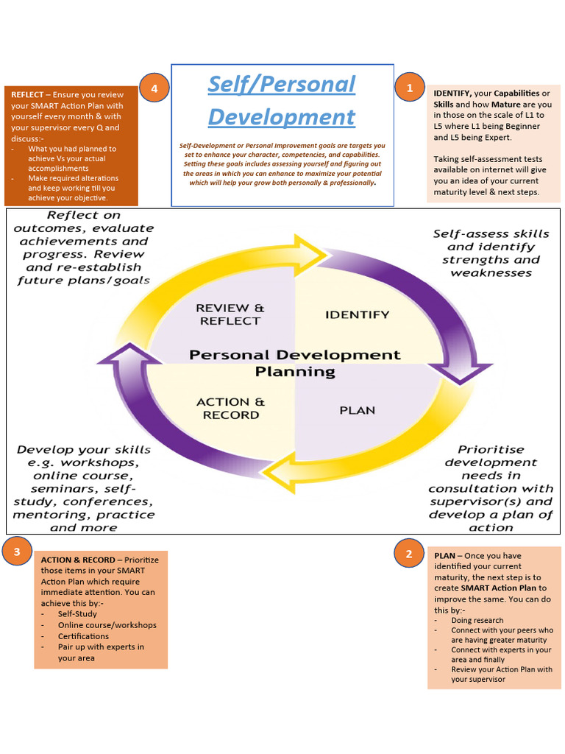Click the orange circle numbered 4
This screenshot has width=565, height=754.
click(x=154, y=89)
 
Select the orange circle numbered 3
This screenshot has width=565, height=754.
click(x=17, y=551)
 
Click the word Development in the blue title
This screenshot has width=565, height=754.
click(x=281, y=117)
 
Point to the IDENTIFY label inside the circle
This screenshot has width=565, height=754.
click(x=357, y=314)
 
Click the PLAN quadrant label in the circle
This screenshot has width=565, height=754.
click(x=357, y=410)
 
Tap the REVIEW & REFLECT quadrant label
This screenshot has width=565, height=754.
click(x=230, y=314)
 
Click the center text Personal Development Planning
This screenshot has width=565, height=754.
click(x=295, y=363)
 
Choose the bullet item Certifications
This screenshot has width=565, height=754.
click(x=83, y=636)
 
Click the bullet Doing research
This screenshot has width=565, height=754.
click(x=477, y=621)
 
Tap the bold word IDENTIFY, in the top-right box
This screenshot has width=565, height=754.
click(x=452, y=94)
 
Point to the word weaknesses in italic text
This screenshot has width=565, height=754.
click(x=491, y=273)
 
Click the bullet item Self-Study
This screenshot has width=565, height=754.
click(x=77, y=614)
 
